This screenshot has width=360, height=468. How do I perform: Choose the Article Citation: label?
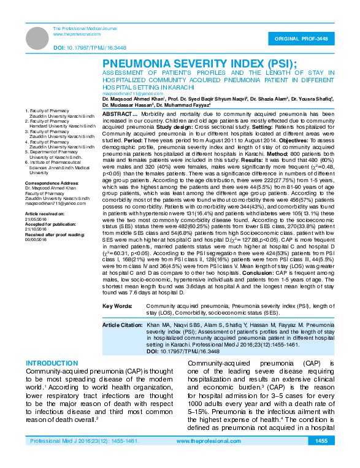pos(123,323)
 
